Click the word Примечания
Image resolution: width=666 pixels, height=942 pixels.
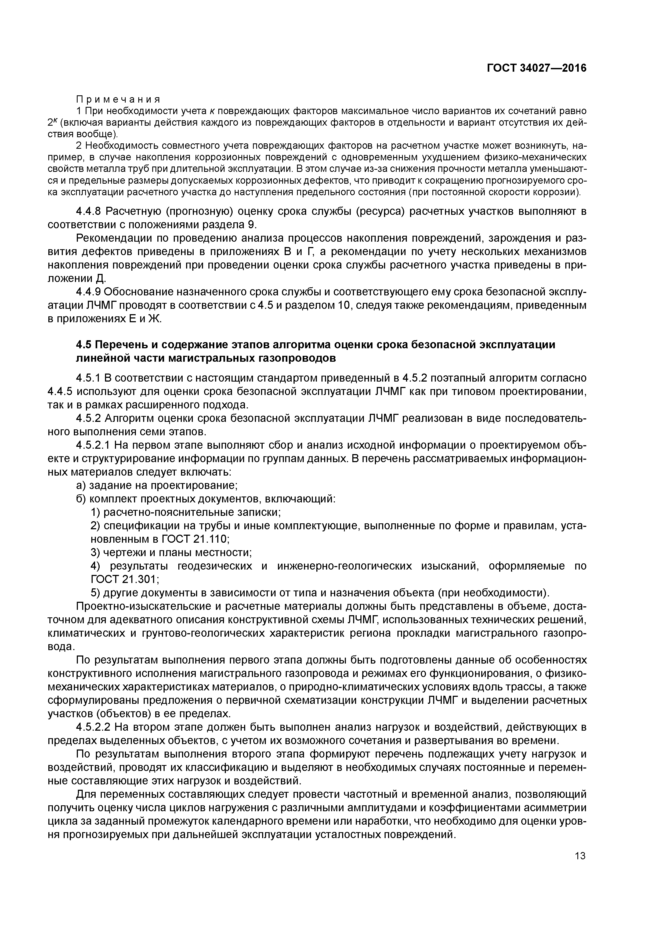118,100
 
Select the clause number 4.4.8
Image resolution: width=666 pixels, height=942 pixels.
89,211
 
